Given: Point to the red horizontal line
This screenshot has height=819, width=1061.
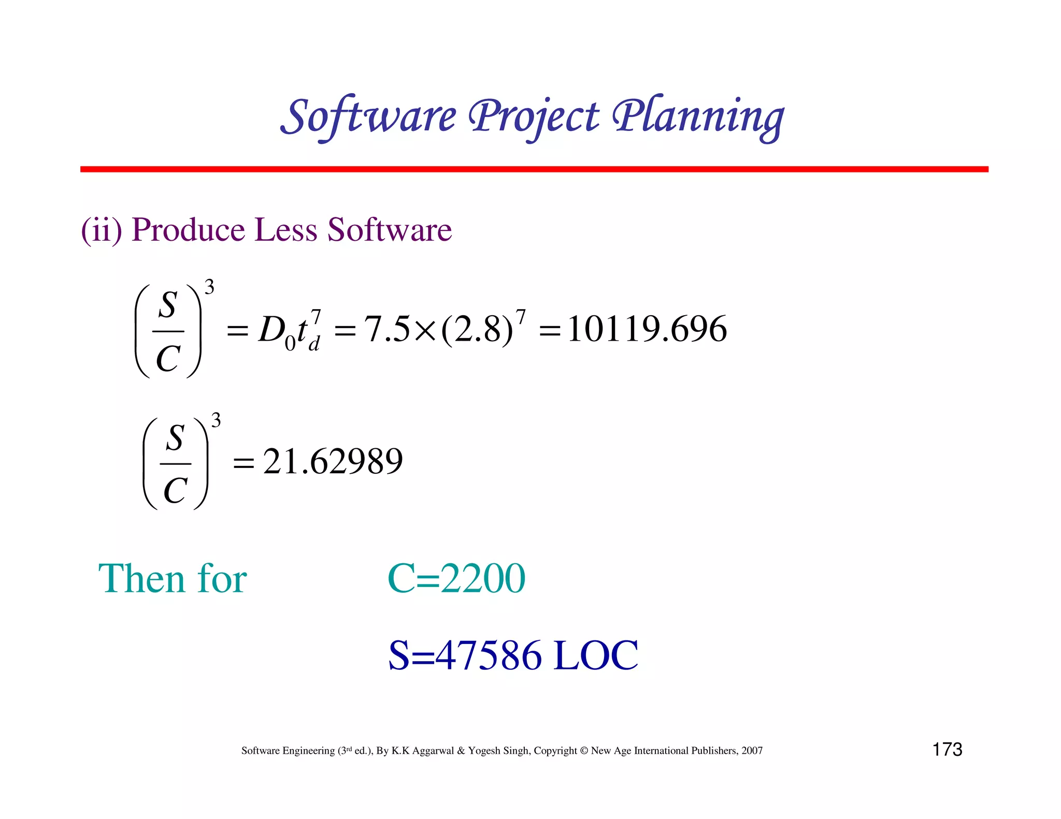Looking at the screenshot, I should point(534,169).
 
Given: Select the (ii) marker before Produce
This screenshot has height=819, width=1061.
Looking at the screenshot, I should point(102,229).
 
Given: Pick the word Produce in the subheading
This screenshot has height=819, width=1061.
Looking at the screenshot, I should point(188,229).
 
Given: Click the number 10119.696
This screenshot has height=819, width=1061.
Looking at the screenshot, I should point(647,329).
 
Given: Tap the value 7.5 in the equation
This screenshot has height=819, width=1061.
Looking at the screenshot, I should point(386,329).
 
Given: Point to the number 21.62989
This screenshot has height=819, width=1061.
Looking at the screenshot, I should point(333,461).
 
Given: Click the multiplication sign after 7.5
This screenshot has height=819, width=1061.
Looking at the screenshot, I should point(425,330).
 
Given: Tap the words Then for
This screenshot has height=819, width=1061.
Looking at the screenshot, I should point(173,578).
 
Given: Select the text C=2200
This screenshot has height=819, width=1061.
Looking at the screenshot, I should point(456,578).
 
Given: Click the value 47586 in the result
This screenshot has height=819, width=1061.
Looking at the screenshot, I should point(489,655).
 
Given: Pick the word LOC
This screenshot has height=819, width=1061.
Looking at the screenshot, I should point(596,655).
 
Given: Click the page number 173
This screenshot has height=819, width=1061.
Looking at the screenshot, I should point(947,749).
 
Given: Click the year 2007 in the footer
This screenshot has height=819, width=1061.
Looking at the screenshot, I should point(752,751).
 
